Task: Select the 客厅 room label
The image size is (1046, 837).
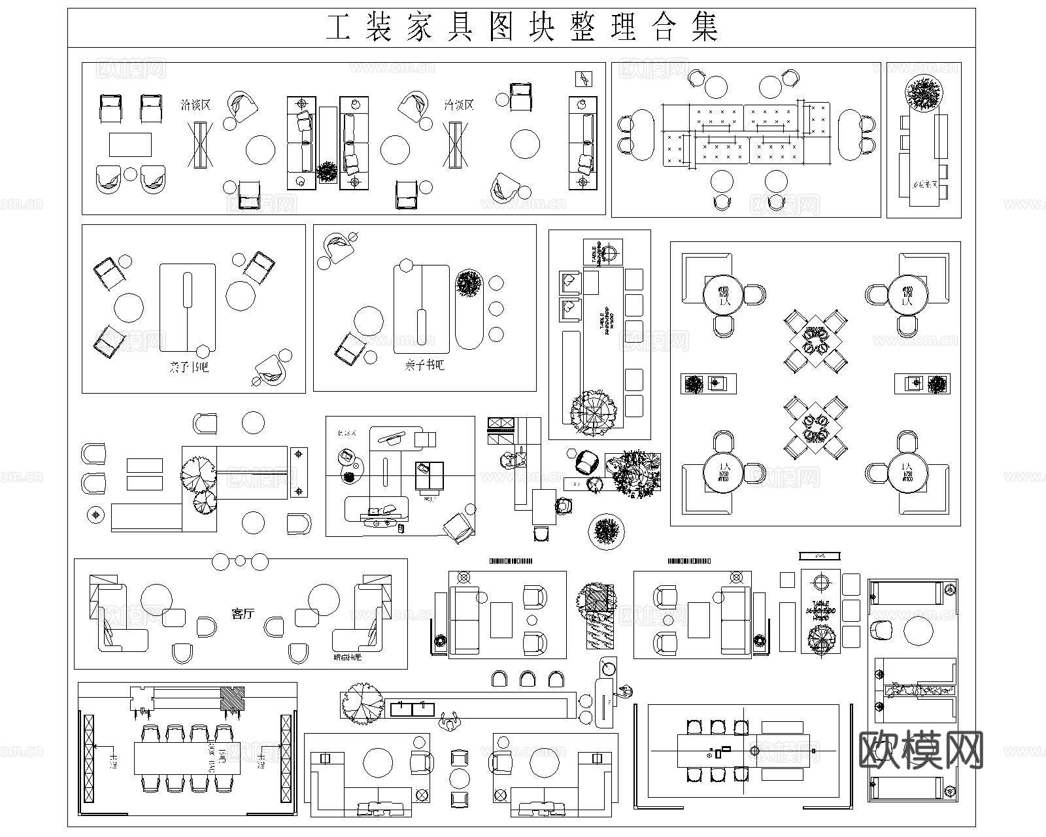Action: pyautogui.click(x=243, y=614)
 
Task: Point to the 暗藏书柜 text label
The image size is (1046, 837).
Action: pyautogui.click(x=347, y=657)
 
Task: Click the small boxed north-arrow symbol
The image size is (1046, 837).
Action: pyautogui.click(x=583, y=78)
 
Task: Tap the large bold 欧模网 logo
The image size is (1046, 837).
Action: pyautogui.click(x=920, y=750)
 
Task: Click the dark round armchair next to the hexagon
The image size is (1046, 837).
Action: pyautogui.click(x=587, y=462)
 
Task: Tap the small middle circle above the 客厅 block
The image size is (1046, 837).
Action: pyautogui.click(x=241, y=560)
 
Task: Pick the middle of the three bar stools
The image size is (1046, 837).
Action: pyautogui.click(x=527, y=679)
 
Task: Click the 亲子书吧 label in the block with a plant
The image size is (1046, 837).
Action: pyautogui.click(x=424, y=365)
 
